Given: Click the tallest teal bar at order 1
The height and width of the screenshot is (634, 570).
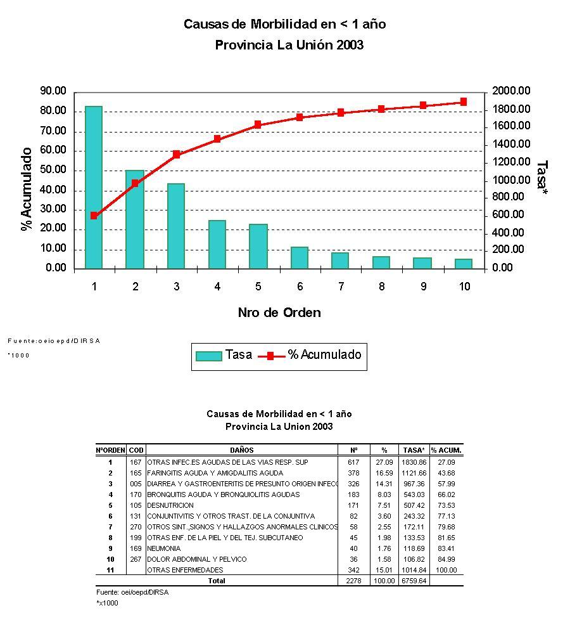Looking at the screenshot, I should pyautogui.click(x=94, y=187).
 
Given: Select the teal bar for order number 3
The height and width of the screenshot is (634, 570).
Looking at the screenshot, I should pyautogui.click(x=176, y=226).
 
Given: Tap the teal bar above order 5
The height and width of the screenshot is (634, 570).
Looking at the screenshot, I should pyautogui.click(x=258, y=246).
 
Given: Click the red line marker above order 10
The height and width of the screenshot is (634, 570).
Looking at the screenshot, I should pyautogui.click(x=464, y=101).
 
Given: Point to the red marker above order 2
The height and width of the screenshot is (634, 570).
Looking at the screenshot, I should pyautogui.click(x=135, y=183).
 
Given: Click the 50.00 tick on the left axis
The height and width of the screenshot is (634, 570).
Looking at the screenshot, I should pyautogui.click(x=53, y=171).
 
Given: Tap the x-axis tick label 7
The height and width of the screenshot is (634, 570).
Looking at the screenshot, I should pyautogui.click(x=341, y=287).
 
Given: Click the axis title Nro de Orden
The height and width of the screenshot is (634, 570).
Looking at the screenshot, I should pyautogui.click(x=279, y=313).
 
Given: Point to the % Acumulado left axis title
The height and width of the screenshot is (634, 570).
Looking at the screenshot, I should pyautogui.click(x=27, y=189).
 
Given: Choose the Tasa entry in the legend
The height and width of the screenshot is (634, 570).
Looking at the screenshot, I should pyautogui.click(x=224, y=355).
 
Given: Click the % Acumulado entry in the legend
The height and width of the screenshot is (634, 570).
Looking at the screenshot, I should pyautogui.click(x=310, y=355).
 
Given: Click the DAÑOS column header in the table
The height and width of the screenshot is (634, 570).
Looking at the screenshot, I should pyautogui.click(x=241, y=450).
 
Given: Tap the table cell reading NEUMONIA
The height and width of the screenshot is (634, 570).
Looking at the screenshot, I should pyautogui.click(x=163, y=548).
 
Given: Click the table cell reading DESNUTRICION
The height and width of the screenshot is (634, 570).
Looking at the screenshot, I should pyautogui.click(x=170, y=505).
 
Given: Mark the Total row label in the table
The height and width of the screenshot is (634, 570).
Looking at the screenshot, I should pyautogui.click(x=217, y=581).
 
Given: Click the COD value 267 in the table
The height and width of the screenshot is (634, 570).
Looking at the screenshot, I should pyautogui.click(x=136, y=559).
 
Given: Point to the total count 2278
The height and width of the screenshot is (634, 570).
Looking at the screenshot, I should pyautogui.click(x=353, y=581).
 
